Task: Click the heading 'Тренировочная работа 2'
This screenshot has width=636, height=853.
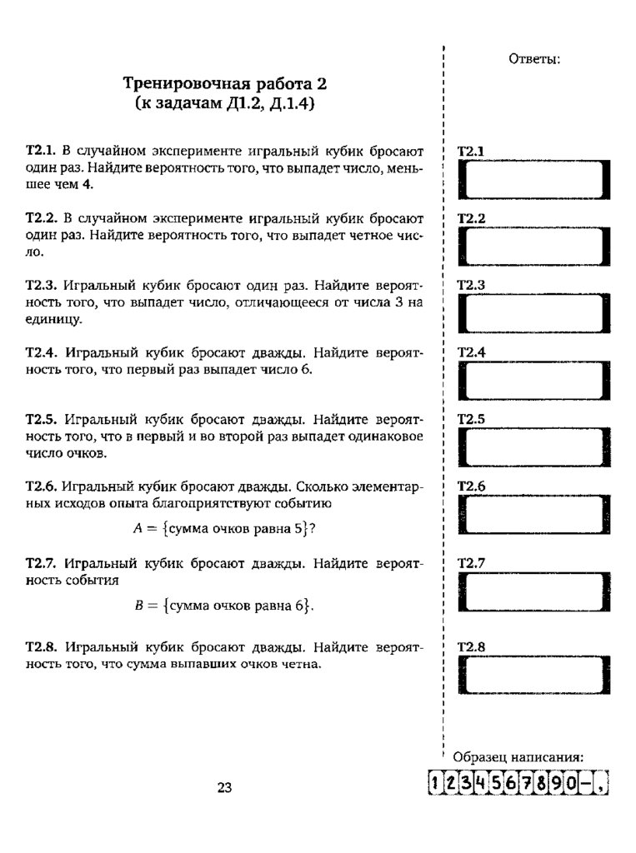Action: point(225,84)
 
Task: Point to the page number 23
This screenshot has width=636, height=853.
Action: point(224,788)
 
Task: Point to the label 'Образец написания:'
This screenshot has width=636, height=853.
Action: point(518,757)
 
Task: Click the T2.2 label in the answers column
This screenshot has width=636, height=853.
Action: point(472,218)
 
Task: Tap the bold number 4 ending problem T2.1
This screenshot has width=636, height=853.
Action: point(87,185)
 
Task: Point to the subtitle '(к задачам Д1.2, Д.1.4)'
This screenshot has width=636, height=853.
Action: point(225,105)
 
